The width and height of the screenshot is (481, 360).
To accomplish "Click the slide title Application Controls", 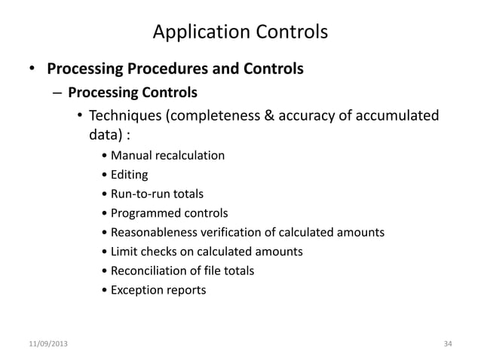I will [x=240, y=32].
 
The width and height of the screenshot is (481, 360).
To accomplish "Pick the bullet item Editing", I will [x=129, y=175].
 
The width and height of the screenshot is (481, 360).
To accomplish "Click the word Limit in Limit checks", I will [x=122, y=251].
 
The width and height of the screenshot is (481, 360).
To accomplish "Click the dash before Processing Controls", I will [x=57, y=93].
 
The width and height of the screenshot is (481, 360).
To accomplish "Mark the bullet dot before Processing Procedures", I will [x=32, y=71].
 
